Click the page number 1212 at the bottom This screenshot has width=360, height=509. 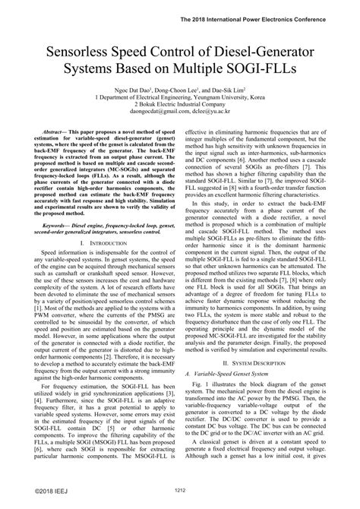click(x=180, y=490)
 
